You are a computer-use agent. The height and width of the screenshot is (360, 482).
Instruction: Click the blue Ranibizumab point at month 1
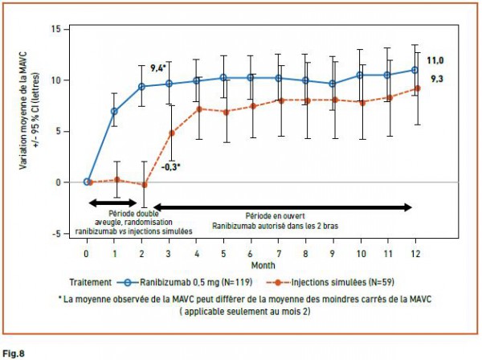[x=114, y=111]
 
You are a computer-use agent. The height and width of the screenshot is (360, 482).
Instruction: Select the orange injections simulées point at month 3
[x=170, y=133]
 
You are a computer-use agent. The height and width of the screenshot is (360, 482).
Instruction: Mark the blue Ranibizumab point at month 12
[x=415, y=70]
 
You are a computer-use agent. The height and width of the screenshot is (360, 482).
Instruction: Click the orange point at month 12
[x=417, y=88]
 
